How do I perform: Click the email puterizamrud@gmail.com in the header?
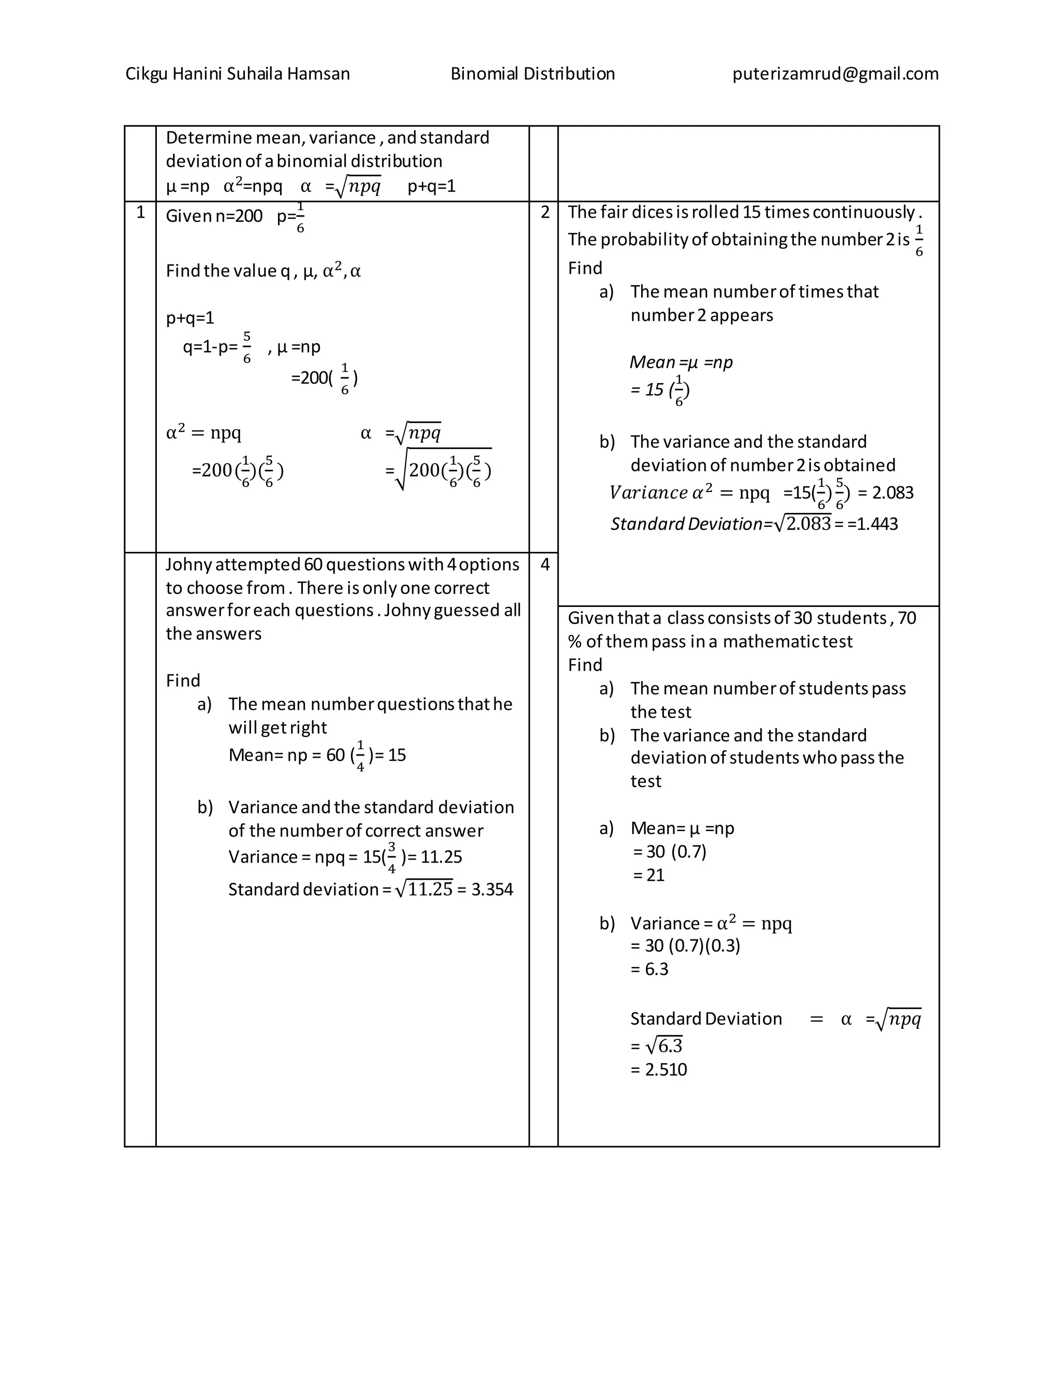coord(835,74)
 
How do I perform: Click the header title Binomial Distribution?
coord(533,74)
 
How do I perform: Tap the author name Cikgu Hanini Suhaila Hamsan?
coord(237,74)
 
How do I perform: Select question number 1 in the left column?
coord(141,213)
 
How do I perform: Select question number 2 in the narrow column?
coord(545,213)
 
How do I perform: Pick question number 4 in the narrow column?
coord(545,564)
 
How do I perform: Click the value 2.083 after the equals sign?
coord(893,493)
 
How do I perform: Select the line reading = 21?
coord(648,875)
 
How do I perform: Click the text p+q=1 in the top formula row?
coord(432,186)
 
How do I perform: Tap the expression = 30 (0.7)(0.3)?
coord(685,946)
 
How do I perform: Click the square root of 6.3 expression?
coord(664,1046)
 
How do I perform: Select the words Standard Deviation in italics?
coord(686,524)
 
